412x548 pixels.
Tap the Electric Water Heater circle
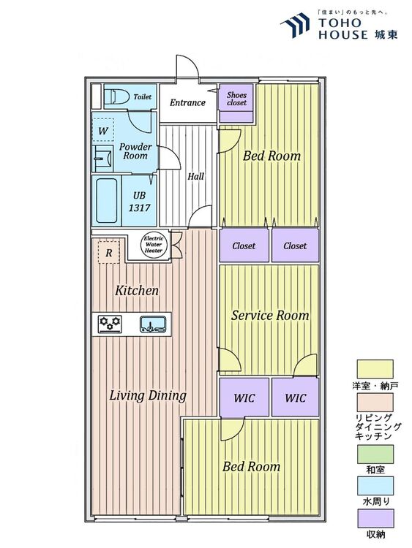(x=154, y=245)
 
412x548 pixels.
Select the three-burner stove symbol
(x=110, y=324)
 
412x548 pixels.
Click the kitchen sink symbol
(x=153, y=324)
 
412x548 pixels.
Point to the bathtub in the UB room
(x=106, y=201)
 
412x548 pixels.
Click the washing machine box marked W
(x=103, y=129)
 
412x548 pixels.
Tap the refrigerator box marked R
(x=108, y=251)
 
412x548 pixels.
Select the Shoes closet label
(x=236, y=99)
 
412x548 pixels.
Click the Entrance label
(x=187, y=102)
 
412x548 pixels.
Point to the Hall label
(x=195, y=176)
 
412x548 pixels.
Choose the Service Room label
(x=270, y=315)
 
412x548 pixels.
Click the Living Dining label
(x=148, y=395)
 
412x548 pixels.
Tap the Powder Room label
(x=135, y=151)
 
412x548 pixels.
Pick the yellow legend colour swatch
(x=375, y=369)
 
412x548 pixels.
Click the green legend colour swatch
(x=375, y=454)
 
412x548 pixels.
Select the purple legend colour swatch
(x=375, y=518)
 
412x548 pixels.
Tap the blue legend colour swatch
(x=375, y=485)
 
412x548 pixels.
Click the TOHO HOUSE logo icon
(x=295, y=25)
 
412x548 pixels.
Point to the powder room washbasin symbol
(x=103, y=159)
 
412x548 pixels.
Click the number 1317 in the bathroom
(x=139, y=208)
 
